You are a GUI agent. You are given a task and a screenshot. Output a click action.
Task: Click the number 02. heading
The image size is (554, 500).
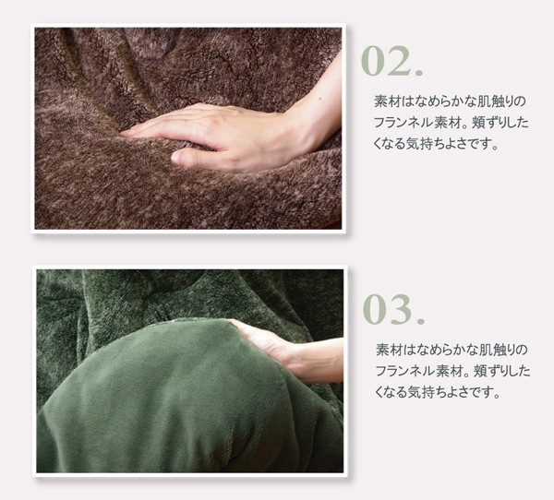point(392,61)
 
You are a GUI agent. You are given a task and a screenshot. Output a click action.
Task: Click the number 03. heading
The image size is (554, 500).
point(393,309)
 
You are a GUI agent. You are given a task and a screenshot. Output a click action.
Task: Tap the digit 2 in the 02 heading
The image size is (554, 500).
point(399,61)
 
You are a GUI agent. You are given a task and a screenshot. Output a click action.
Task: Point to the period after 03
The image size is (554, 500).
point(420,321)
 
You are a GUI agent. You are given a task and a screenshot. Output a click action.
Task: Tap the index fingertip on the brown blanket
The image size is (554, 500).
point(125,133)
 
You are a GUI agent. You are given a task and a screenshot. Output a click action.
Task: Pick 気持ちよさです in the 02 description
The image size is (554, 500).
point(448,145)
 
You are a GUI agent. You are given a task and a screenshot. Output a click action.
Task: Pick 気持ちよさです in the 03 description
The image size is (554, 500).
point(450,393)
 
